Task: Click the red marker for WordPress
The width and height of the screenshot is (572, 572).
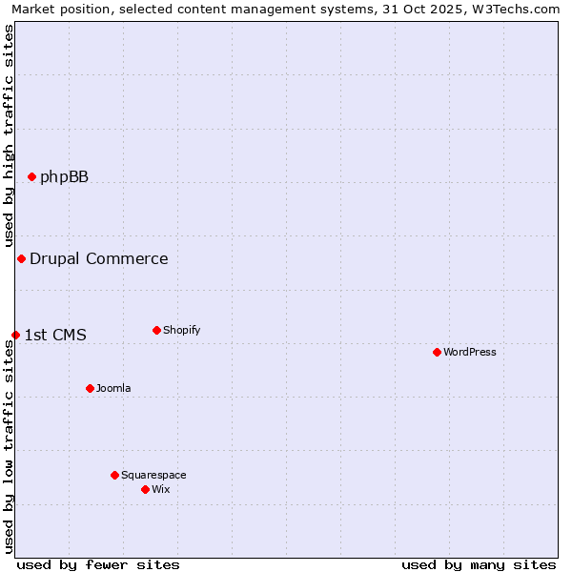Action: (x=437, y=352)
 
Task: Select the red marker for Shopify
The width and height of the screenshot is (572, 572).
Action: (x=156, y=330)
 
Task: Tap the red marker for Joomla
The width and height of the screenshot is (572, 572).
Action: (x=90, y=388)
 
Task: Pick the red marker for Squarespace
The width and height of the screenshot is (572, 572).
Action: (x=114, y=475)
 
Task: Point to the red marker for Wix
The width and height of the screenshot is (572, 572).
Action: (x=145, y=489)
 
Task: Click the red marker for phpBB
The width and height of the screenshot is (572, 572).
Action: (x=31, y=176)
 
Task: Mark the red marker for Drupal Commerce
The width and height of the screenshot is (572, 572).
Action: (x=21, y=258)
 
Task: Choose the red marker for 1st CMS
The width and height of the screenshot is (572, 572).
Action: (x=15, y=335)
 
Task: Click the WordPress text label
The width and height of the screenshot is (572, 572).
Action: (x=470, y=352)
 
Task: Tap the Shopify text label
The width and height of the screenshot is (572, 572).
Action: (x=182, y=330)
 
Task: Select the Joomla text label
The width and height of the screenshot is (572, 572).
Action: (x=113, y=388)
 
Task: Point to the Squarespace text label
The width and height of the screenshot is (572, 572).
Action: (x=153, y=475)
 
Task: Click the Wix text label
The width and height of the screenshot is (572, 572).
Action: (x=161, y=489)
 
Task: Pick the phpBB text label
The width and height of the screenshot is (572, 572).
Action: (x=64, y=176)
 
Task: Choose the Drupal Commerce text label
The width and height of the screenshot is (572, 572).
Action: (x=99, y=258)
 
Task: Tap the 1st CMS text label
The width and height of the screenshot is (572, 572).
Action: (x=55, y=335)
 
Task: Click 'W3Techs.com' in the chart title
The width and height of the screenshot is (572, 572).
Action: (x=520, y=9)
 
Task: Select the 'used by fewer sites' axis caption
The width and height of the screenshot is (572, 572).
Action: (x=98, y=564)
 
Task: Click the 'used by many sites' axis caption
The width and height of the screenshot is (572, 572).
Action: (x=479, y=564)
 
